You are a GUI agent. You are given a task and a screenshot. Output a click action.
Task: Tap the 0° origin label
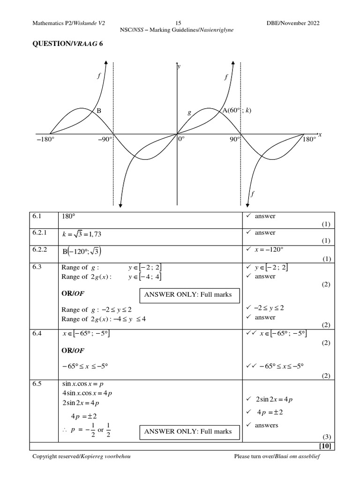tap(181, 140)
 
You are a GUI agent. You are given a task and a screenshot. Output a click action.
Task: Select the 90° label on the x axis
tap(234, 140)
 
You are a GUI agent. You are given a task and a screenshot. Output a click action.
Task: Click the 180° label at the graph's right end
tap(309, 140)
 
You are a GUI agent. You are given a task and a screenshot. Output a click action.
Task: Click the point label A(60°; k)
tap(237, 111)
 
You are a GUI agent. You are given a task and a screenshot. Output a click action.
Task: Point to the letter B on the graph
tap(99, 111)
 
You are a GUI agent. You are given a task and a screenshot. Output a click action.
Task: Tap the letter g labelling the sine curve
tap(189, 113)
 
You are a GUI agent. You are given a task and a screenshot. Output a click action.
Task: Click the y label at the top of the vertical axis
tap(179, 67)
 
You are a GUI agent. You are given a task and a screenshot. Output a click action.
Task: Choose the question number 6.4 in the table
tap(37, 333)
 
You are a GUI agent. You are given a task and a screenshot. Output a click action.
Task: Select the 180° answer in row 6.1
tap(68, 217)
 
